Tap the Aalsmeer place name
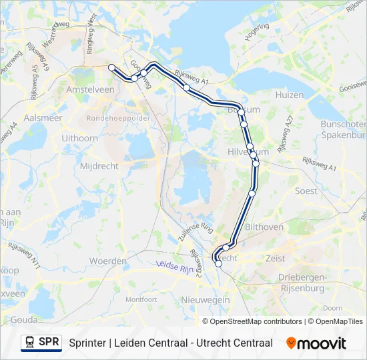coord(43,117)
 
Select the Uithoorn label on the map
coord(79,137)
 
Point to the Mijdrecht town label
coord(99,165)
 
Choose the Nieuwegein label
coord(206,300)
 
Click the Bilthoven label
coord(264,227)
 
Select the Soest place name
coord(306,191)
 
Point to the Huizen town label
coord(289,95)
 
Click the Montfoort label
coord(141,299)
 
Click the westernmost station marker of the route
coord(111,67)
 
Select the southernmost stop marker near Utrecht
coord(219,264)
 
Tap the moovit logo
coord(317,343)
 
